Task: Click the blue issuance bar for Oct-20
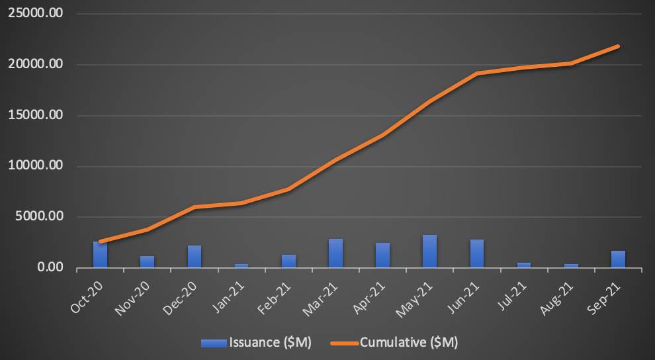[100, 255]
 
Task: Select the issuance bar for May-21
[429, 251]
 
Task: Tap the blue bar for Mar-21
[335, 253]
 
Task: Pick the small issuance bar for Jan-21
[241, 265]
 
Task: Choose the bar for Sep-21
[618, 259]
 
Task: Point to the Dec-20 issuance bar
[195, 257]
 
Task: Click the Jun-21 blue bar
[476, 253]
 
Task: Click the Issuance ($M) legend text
[269, 342]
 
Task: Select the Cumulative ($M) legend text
[408, 342]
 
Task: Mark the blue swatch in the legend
[214, 342]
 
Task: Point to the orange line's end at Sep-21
[618, 46]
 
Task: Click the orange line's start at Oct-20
[100, 242]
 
